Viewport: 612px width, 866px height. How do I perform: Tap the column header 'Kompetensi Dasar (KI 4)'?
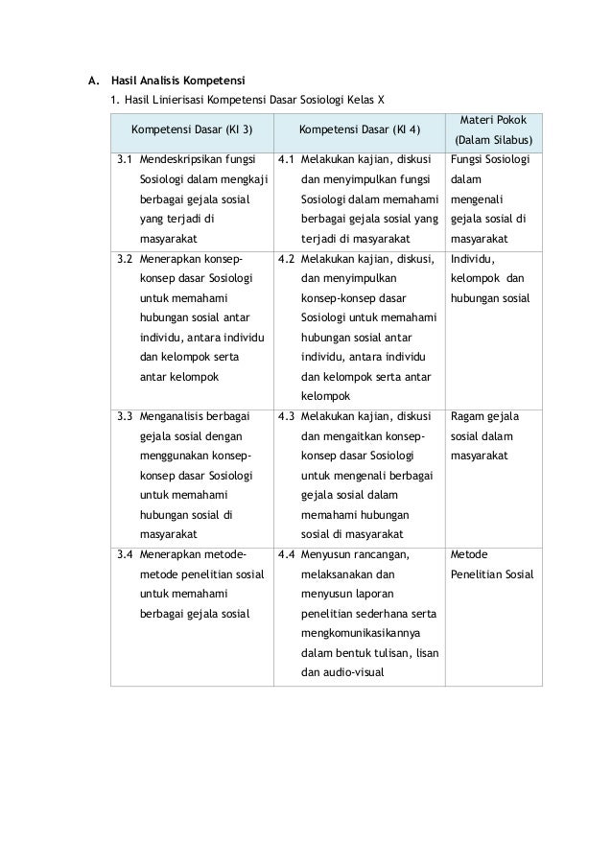coord(354,129)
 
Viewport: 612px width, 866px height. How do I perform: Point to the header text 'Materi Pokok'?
coord(493,118)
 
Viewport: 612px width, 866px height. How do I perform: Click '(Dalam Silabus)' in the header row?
coord(493,141)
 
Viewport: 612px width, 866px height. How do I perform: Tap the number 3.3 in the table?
coord(125,417)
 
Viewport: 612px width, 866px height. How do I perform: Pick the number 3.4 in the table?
coord(125,554)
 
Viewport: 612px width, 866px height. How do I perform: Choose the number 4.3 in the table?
coord(285,417)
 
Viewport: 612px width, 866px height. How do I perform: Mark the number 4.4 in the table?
coord(285,554)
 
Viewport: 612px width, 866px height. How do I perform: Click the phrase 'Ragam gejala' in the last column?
coord(484,417)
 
